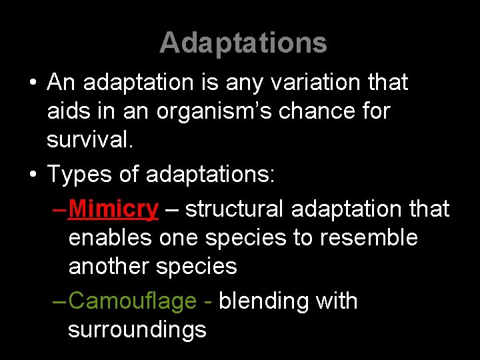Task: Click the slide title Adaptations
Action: tap(243, 43)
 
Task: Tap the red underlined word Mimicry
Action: tap(113, 209)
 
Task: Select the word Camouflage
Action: tap(132, 301)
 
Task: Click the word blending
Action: tap(264, 301)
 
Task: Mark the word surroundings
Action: tap(137, 330)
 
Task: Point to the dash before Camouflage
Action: tap(59, 301)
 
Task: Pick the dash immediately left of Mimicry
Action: tap(59, 209)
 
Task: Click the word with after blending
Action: tap(335, 301)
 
